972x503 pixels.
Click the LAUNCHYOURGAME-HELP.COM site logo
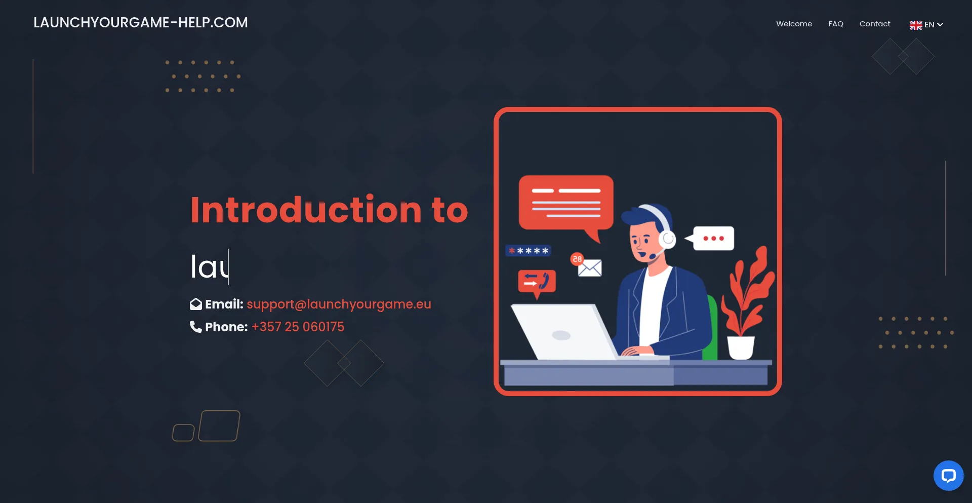[141, 23]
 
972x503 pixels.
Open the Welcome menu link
[794, 24]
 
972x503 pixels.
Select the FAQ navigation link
[836, 24]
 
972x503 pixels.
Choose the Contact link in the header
[875, 24]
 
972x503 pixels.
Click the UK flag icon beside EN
[916, 25]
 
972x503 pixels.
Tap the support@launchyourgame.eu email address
[339, 304]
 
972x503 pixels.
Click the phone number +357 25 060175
[298, 327]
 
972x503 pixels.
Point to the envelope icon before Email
[196, 304]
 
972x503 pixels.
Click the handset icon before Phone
[195, 327]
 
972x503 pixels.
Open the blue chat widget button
[948, 475]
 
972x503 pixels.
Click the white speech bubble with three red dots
[712, 238]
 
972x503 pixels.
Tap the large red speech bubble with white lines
[566, 204]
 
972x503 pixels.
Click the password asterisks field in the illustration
[528, 251]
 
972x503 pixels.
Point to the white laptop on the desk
[565, 332]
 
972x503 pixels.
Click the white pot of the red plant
[741, 347]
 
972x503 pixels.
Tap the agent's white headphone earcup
[667, 239]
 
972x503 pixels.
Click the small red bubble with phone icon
[537, 283]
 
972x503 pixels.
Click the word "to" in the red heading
[450, 211]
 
